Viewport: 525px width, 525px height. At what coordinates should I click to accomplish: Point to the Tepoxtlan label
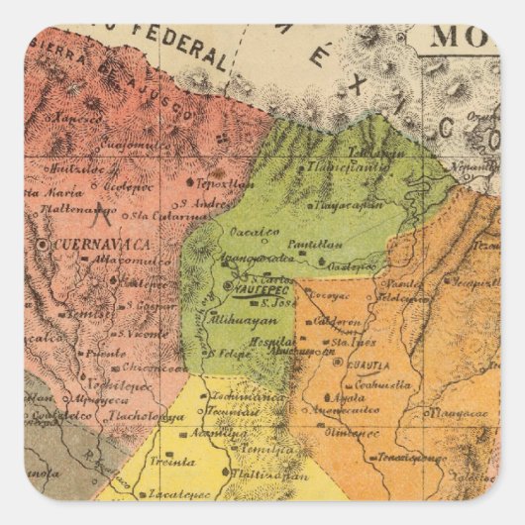click(221, 185)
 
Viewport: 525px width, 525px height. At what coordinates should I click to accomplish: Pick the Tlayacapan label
click(347, 205)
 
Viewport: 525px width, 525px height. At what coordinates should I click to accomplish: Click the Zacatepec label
click(179, 492)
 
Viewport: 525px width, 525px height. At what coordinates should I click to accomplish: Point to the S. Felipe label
click(227, 353)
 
